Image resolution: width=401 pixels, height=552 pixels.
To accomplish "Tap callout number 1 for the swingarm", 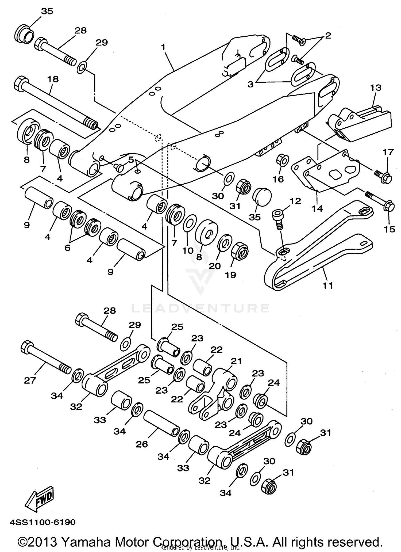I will coord(163,47).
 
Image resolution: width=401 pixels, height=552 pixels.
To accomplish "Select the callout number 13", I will coord(376,88).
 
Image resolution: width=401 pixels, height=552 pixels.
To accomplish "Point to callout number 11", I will coord(328,285).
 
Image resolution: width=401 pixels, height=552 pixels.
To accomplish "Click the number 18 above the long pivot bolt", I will coord(53,79).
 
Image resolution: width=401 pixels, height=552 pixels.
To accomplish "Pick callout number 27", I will coord(30,380).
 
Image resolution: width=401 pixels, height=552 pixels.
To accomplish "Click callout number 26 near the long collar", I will coord(142,444).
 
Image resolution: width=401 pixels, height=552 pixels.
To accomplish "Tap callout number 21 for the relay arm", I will coord(236,361).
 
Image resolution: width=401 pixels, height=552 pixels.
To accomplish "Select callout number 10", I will coord(188,250).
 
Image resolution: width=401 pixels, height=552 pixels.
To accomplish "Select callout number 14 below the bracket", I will coord(317,208).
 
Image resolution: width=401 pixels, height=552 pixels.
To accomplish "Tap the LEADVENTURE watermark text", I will coord(200,309).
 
